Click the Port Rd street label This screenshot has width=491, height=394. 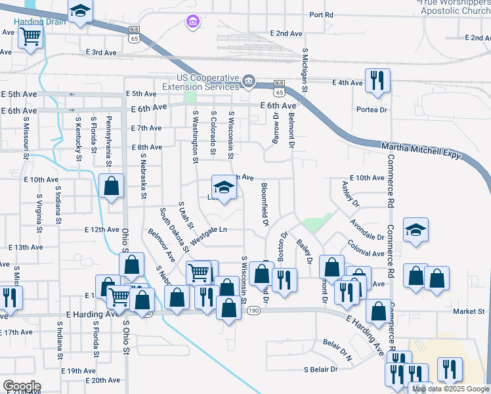[x=321, y=14]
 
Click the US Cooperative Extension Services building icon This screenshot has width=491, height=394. [x=249, y=81]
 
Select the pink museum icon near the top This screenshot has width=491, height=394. [x=192, y=24]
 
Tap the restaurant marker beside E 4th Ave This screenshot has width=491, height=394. [x=377, y=80]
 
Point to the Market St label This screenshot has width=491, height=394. [x=470, y=311]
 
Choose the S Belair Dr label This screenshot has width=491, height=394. [x=320, y=369]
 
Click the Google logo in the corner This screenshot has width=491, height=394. [x=21, y=386]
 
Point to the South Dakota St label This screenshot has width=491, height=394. [x=174, y=230]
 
